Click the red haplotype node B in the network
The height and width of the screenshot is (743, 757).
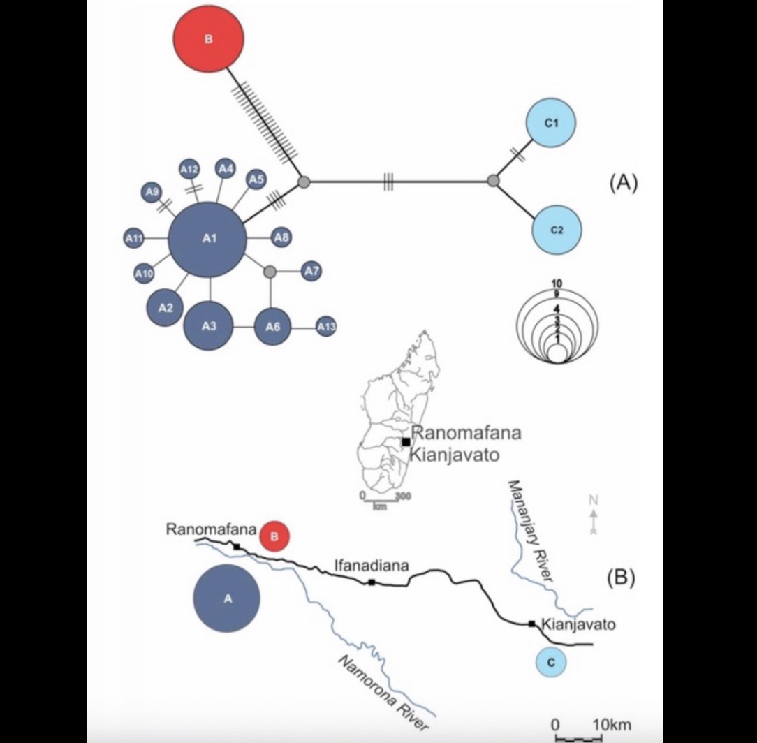pos(208,39)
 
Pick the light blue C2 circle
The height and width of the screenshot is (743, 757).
pos(557,230)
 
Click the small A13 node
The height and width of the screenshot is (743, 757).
pos(326,326)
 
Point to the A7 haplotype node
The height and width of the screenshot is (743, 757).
pos(311,271)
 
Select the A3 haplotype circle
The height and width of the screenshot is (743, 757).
pos(209,325)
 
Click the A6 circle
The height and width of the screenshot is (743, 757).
pos(272,327)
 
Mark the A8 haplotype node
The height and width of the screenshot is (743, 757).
pos(281,238)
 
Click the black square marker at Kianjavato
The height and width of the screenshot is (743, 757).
pos(532,624)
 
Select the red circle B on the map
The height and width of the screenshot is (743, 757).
pos(274,537)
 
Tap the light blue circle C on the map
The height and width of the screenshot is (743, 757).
pos(552,663)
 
